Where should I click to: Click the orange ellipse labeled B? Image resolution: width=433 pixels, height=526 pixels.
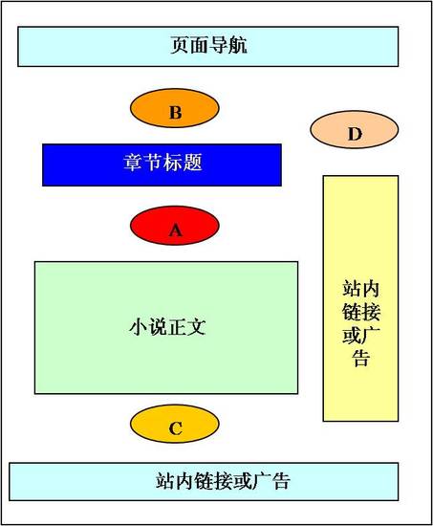pos(175,108)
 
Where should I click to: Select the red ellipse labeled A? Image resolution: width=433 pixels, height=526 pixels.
pos(175,226)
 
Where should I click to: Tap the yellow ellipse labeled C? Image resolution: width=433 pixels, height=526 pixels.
pos(175,424)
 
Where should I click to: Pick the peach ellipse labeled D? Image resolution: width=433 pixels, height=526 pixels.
pos(355,129)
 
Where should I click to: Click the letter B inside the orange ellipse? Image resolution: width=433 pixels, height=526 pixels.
pos(176,113)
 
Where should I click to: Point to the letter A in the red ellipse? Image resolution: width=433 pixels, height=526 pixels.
pos(176,230)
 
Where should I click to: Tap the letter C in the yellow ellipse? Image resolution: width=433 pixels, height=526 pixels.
pos(176,428)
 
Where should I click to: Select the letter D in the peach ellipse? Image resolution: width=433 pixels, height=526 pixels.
pos(356,134)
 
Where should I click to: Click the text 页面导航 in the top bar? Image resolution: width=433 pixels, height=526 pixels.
pos(209,45)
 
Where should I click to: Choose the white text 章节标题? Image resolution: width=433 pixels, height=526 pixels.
pos(163,163)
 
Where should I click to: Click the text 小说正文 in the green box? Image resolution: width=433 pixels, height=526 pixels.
pos(167,326)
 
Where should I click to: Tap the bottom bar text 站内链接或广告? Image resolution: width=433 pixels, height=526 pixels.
pos(223,481)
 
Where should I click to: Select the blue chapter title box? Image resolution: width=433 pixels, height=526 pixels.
pos(162,164)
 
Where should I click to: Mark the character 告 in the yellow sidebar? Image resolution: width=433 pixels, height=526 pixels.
pos(361,358)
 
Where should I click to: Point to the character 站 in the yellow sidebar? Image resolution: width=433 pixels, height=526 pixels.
pos(352,289)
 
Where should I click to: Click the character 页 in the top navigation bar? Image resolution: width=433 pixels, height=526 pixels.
pos(180,45)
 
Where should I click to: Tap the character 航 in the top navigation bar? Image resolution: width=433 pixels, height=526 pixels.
pos(238,45)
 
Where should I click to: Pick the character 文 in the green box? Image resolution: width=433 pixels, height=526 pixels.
pos(196,326)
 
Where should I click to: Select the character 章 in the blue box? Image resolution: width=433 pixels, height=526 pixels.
pos(134,163)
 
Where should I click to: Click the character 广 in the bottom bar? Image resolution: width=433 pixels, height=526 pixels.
pos(261,481)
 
